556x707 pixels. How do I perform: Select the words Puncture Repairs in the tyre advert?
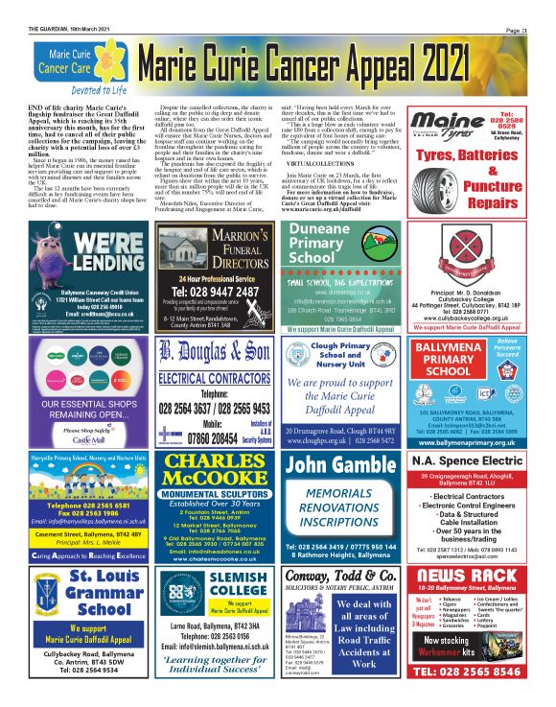tap(473, 194)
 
